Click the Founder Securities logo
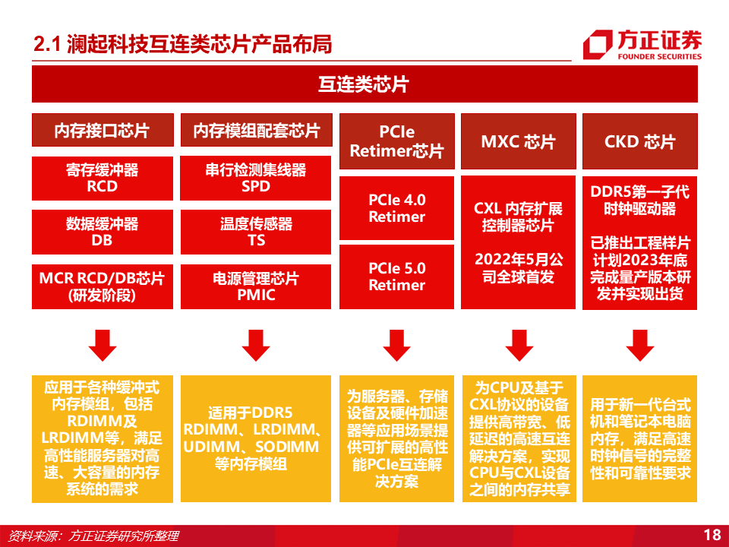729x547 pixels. pos(642,44)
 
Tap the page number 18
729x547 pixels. pos(712,535)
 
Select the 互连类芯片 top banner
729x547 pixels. pos(364,84)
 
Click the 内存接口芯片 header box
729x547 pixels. pos(102,131)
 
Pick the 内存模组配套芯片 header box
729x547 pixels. pos(257,131)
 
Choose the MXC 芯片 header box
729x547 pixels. pos(518,141)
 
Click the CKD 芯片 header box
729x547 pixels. pos(639,141)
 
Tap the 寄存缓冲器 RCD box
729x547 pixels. pos(102,179)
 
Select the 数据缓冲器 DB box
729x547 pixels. pos(102,232)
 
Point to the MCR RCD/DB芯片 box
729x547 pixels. pos(102,286)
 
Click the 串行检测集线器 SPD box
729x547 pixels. pos(257,179)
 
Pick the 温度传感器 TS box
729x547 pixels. pos(257,232)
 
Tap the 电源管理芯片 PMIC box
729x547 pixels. pos(257,286)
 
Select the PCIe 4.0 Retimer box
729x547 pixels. pos(396,208)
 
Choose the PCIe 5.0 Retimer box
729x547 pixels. pos(396,277)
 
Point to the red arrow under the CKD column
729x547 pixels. pos(639,346)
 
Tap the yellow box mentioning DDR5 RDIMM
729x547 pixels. pos(257,439)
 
